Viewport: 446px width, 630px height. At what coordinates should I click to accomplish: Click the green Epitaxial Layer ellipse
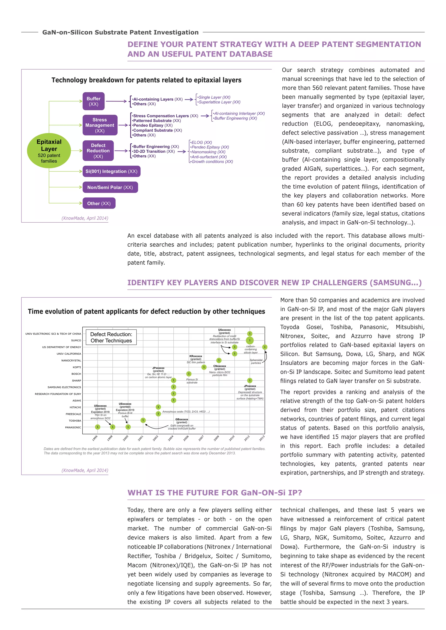point(49,151)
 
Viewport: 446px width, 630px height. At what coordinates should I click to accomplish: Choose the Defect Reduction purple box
point(98,151)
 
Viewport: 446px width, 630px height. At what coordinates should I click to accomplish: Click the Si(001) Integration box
point(111,172)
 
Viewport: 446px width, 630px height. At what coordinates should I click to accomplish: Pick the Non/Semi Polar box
point(110,187)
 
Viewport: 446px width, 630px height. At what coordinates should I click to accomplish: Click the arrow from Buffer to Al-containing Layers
point(116,101)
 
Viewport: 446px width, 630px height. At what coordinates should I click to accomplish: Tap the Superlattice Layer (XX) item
point(219,102)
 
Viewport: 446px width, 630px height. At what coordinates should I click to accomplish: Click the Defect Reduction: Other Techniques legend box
point(111,337)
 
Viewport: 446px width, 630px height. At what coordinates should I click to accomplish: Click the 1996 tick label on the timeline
point(95,438)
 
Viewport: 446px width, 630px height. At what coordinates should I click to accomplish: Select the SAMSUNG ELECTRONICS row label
point(64,387)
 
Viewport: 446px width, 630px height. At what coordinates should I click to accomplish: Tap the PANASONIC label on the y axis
point(73,427)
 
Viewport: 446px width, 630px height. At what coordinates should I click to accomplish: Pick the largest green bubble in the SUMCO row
point(250,340)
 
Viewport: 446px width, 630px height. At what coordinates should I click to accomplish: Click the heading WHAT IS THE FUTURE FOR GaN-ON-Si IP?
point(215,493)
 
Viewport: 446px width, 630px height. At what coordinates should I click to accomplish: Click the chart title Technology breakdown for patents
point(146,80)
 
